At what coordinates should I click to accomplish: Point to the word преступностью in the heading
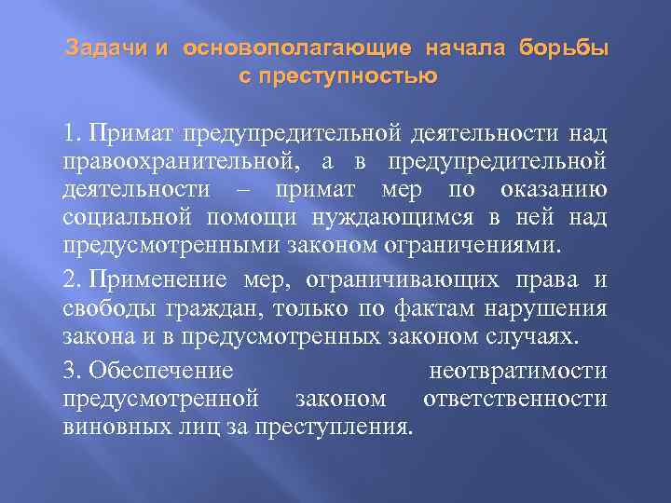tap(352, 75)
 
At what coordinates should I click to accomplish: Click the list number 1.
tap(72, 137)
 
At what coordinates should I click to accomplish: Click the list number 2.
tap(72, 280)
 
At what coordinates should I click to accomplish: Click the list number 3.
tap(72, 371)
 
